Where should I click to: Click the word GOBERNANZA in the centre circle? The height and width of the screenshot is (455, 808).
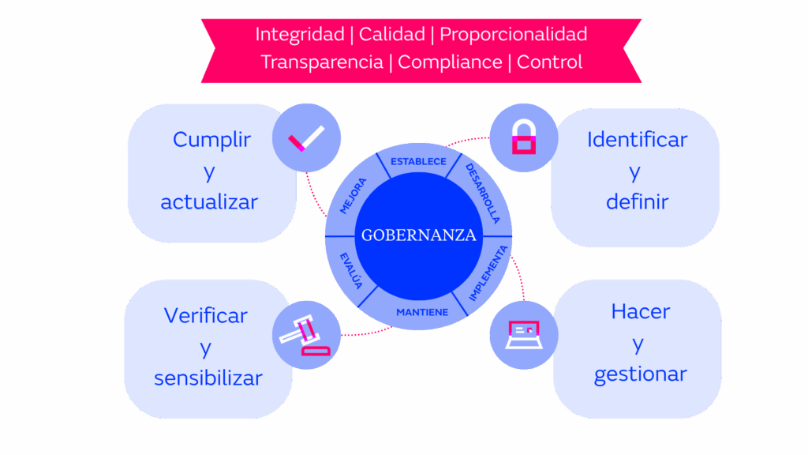pos(418,235)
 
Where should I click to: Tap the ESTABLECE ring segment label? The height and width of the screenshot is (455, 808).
pos(418,162)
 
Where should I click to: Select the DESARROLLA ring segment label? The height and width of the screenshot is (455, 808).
pos(482,193)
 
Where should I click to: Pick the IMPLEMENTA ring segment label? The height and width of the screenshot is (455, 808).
pos(488,273)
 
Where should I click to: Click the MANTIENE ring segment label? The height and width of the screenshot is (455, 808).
pos(421,312)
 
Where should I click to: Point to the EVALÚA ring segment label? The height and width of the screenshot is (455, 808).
pos(351,270)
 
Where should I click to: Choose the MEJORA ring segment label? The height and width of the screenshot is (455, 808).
pos(353,196)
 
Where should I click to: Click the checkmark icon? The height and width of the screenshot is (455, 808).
pos(306,140)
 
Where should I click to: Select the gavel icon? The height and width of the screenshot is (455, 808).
pos(305,336)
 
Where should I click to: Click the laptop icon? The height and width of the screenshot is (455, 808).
pos(523,335)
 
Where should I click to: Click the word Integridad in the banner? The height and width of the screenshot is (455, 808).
pos(300,35)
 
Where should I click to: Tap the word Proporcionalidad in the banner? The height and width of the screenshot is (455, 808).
pos(513,35)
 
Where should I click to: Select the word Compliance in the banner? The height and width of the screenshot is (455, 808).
pos(450,62)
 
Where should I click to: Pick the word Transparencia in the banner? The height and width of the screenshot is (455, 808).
pos(322,62)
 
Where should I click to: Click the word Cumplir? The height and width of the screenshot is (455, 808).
pos(211,140)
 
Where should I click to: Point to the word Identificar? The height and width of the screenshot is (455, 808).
pos(637,140)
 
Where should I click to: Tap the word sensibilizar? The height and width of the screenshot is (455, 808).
pos(208,378)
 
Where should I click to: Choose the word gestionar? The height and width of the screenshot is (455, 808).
pos(640,374)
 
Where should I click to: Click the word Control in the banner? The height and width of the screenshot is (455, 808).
pos(550,62)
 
